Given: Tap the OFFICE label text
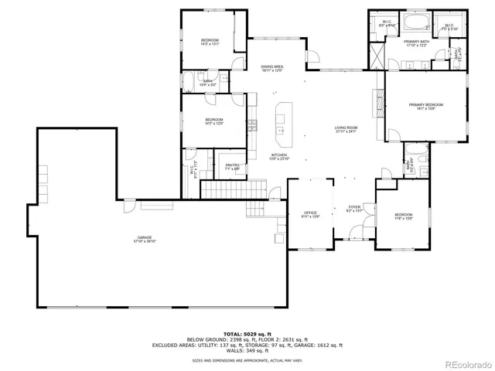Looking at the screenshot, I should pyautogui.click(x=310, y=213).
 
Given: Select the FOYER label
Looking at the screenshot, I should pyautogui.click(x=353, y=206).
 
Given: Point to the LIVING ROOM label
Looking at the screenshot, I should pyautogui.click(x=345, y=128).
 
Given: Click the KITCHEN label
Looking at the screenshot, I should pyautogui.click(x=279, y=155).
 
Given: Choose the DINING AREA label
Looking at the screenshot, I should pyautogui.click(x=271, y=67).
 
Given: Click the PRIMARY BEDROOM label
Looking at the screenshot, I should pyautogui.click(x=426, y=104).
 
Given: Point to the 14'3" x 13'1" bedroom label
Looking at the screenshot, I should pyautogui.click(x=210, y=40).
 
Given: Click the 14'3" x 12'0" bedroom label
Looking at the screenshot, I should pyautogui.click(x=214, y=119).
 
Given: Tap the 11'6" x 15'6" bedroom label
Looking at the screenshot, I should pyautogui.click(x=403, y=214).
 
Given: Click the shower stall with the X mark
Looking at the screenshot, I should pyautogui.click(x=376, y=56).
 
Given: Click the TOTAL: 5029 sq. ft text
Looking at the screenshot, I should pyautogui.click(x=247, y=333).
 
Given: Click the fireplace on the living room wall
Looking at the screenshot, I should pyautogui.click(x=379, y=100).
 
